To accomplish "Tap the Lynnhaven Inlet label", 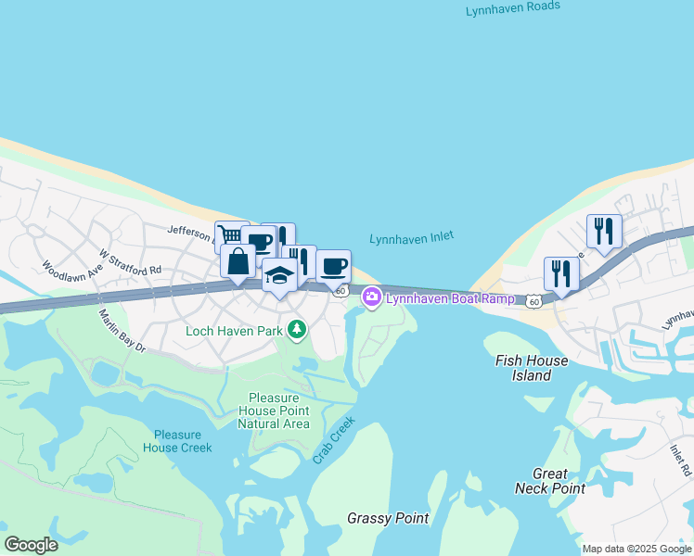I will (412, 238).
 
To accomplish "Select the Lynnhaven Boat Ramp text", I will (450, 298).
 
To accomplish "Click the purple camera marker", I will (371, 297).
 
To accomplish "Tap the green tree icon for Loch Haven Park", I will (296, 330).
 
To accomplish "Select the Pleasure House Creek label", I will (177, 441).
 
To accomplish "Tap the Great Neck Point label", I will (559, 481).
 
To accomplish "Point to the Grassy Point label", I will (388, 518).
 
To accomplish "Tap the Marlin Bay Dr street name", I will (122, 331).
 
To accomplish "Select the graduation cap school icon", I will (279, 274).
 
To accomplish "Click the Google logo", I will (31, 545).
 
